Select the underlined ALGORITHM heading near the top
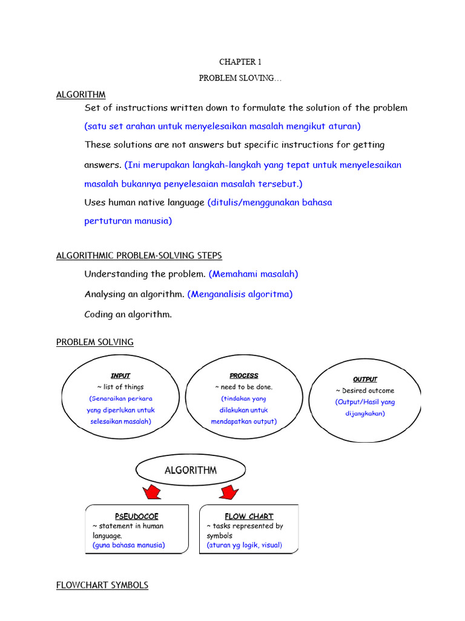pos(81,95)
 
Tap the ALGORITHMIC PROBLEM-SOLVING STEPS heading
pos(139,256)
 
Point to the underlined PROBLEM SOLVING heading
pos(95,342)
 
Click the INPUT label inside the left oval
pos(120,376)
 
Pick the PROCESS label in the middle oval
pos(243,376)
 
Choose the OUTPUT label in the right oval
pos(364,380)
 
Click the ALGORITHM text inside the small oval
pos(190,470)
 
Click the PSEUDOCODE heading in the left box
pos(136,516)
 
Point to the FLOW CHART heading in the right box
pos(248,516)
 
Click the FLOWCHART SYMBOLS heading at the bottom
pos(102,585)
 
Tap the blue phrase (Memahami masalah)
pos(253,274)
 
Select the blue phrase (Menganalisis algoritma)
pos(240,294)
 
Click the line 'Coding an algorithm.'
pos(128,314)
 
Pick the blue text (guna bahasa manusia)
pos(128,545)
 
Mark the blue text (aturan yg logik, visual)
pos(244,545)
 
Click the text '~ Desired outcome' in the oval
pos(364,391)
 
